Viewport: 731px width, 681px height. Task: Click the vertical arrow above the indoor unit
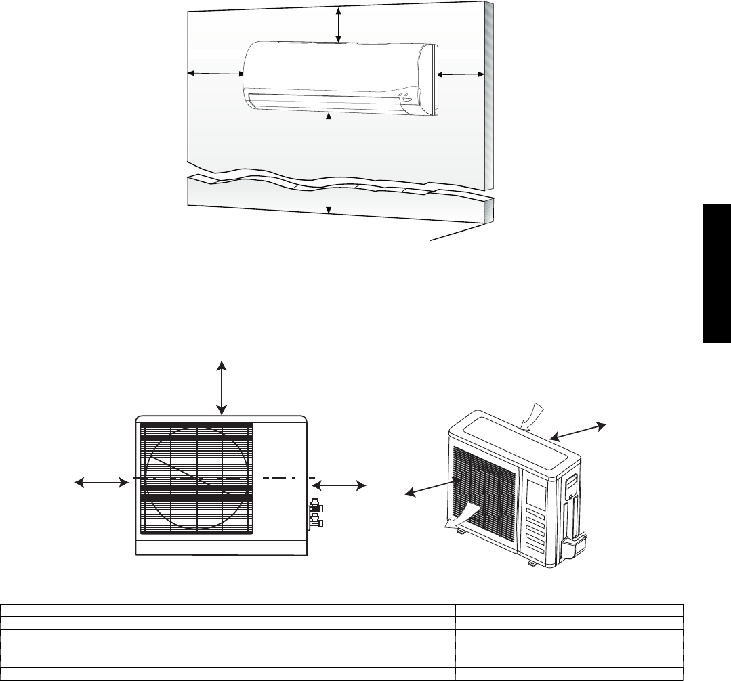tap(339, 22)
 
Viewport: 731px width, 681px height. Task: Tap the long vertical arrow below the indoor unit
tap(329, 163)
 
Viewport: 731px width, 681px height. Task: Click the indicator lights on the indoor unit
tap(409, 96)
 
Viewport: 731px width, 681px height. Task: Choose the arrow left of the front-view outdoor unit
tap(101, 482)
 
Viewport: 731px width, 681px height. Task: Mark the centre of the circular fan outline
tap(196, 478)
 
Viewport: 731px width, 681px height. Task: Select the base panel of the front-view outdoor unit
tap(222, 545)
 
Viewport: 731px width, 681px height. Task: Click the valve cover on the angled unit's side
tap(574, 544)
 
